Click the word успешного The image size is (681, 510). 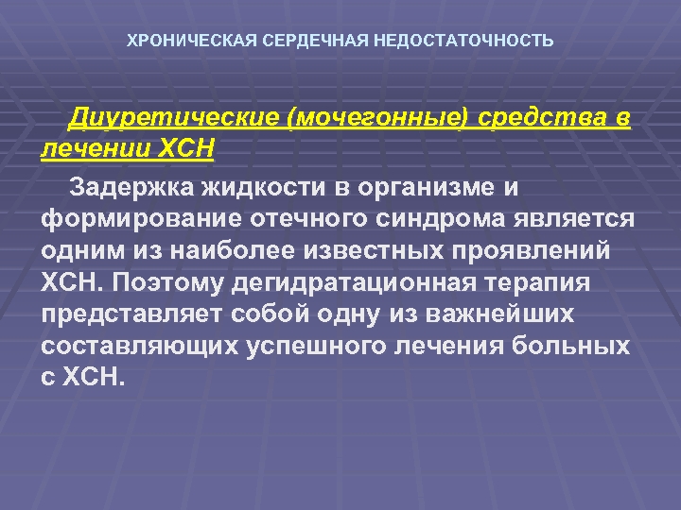(x=308, y=346)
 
